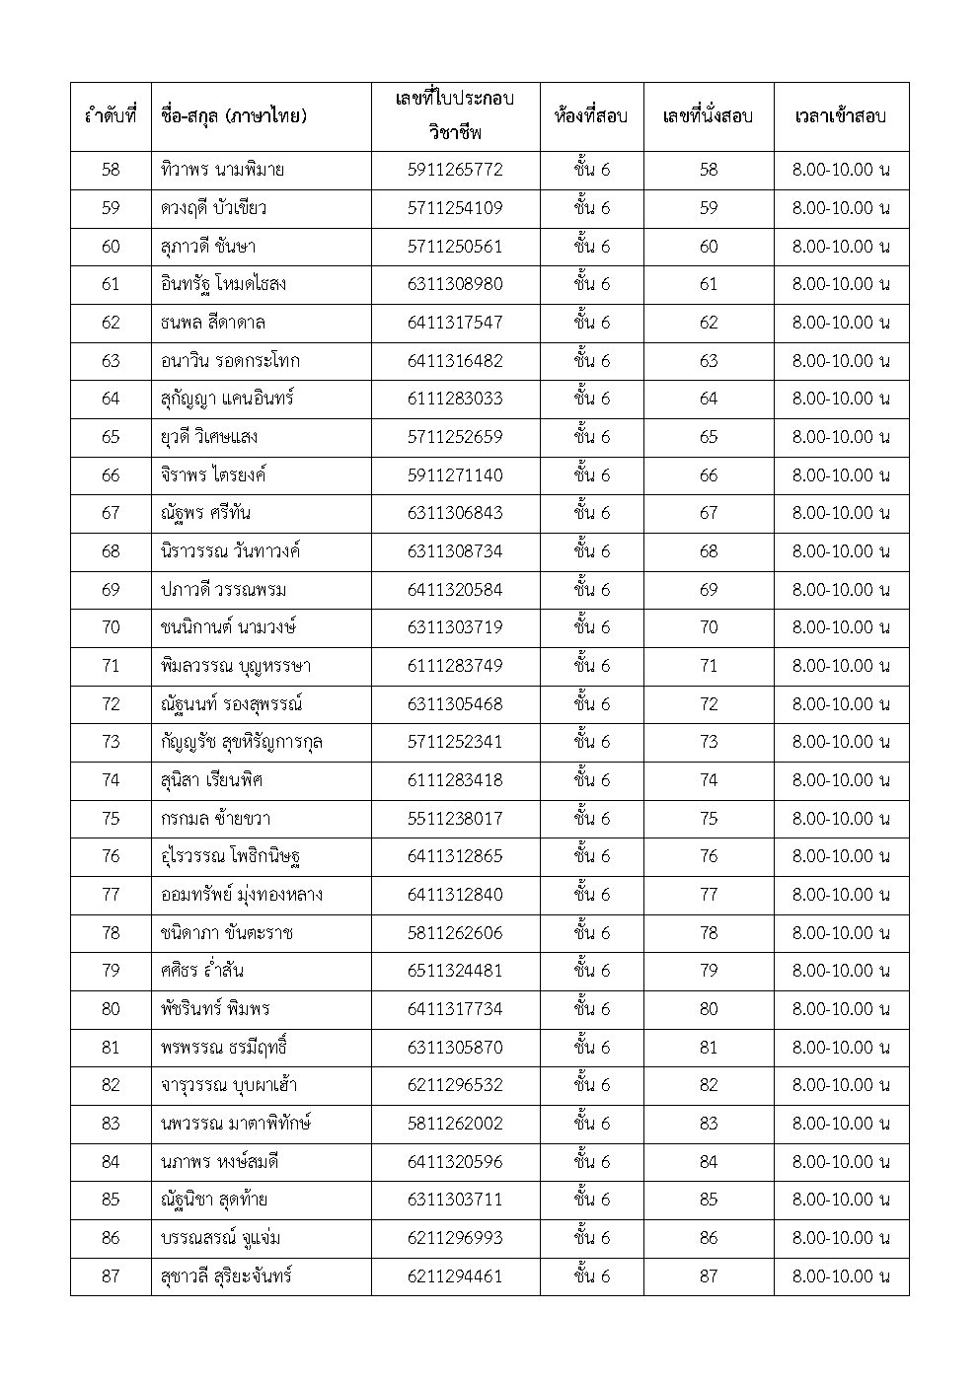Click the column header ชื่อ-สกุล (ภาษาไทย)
[233, 116]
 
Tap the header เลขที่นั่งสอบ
[708, 116]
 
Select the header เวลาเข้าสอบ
[841, 116]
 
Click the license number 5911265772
[455, 170]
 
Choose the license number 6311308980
[455, 284]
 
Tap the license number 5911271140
[455, 475]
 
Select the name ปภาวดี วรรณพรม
[223, 590]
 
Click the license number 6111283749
[455, 666]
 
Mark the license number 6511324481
[455, 971]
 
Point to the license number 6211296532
[455, 1085]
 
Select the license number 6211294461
[455, 1276]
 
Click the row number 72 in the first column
[111, 704]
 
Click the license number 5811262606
[455, 933]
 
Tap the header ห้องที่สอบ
[591, 116]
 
